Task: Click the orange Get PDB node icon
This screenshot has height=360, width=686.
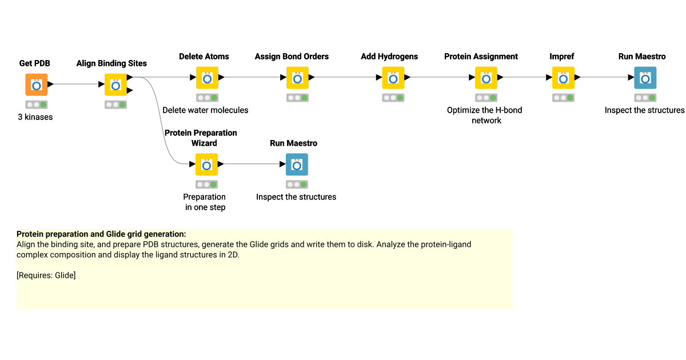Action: click(x=36, y=85)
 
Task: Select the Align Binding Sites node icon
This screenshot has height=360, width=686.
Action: click(x=115, y=85)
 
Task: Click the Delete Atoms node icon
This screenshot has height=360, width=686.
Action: click(x=207, y=78)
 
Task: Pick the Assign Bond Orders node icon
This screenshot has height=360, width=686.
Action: click(x=297, y=78)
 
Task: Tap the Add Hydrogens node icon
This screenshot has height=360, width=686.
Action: click(x=393, y=78)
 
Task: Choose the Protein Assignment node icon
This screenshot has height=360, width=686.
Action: click(x=485, y=78)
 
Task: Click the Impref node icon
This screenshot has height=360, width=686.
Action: click(x=563, y=78)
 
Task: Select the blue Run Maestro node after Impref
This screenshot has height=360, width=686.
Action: click(x=645, y=78)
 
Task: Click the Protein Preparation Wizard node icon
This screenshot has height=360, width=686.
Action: click(x=206, y=165)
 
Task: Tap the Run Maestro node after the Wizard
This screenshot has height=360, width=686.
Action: click(x=297, y=165)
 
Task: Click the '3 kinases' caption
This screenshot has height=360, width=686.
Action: click(x=36, y=117)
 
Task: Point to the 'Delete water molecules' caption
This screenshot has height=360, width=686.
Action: click(x=205, y=110)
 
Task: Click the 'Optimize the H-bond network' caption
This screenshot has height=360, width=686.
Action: click(x=485, y=115)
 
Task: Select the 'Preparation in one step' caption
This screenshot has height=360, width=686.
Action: click(x=205, y=202)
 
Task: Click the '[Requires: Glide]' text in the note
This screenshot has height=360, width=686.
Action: click(x=46, y=275)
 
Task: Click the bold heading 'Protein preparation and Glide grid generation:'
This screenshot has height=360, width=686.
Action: click(x=101, y=234)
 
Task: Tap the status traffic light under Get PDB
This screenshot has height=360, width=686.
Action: click(x=36, y=105)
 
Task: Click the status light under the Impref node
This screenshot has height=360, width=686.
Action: click(x=563, y=98)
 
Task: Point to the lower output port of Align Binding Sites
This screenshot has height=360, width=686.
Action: click(x=130, y=90)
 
